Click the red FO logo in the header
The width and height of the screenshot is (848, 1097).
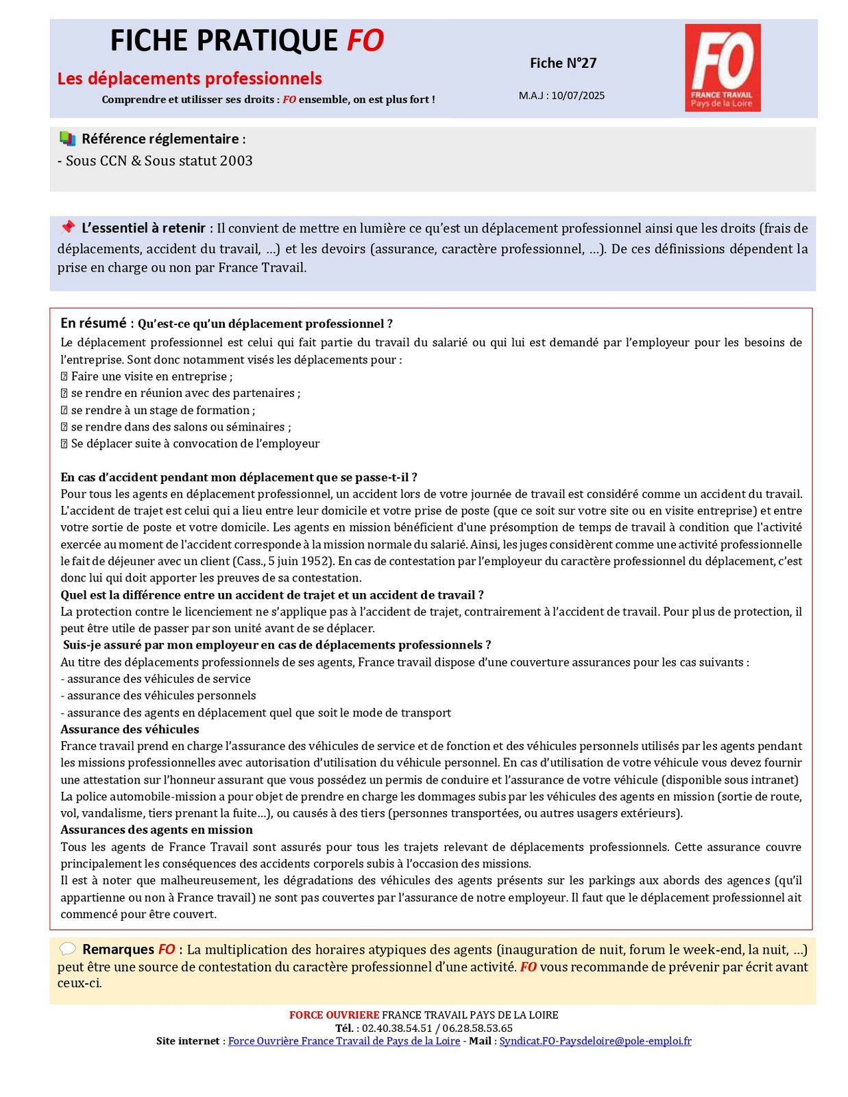coord(723,67)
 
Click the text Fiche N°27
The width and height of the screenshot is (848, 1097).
coord(563,63)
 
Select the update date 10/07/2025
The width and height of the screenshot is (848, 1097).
coord(578,95)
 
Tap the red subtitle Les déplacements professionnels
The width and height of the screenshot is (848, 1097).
coord(189,78)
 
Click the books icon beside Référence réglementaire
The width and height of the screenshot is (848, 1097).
coord(67,138)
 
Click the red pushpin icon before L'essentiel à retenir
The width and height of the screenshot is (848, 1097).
coord(67,227)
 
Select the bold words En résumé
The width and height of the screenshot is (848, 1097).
coord(93,323)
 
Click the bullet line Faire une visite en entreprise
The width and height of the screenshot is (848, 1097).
coord(152,376)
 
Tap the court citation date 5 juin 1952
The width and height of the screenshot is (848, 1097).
coord(300,561)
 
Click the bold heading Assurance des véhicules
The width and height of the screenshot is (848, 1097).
coord(130,729)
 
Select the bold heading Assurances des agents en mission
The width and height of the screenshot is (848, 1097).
coord(156,830)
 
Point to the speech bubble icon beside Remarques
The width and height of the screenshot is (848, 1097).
coord(67,949)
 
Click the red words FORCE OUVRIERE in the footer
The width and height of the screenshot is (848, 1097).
coord(334,1015)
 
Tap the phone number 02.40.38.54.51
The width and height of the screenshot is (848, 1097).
coord(397,1028)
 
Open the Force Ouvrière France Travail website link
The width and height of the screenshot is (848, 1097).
coord(343,1041)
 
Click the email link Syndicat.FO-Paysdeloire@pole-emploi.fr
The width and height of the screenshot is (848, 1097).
coord(595,1041)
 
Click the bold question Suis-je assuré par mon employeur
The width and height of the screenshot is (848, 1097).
coord(277,644)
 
